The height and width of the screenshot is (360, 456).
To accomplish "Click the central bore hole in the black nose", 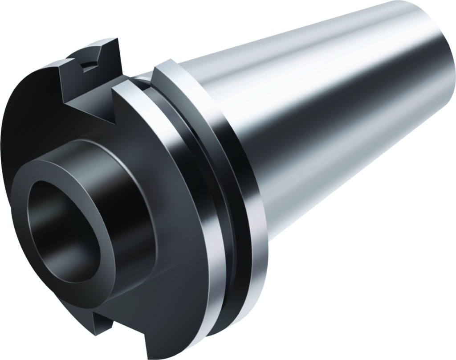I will pos(67,223).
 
